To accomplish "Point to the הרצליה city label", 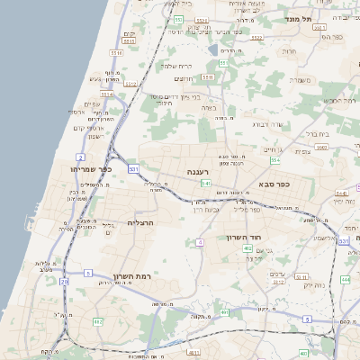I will [x=142, y=221].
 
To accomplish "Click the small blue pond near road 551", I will [x=212, y=50].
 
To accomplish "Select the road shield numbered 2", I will [x=81, y=157].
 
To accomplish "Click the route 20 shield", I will [x=64, y=282].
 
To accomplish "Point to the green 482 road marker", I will [x=97, y=321].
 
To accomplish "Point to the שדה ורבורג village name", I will [x=268, y=124].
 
